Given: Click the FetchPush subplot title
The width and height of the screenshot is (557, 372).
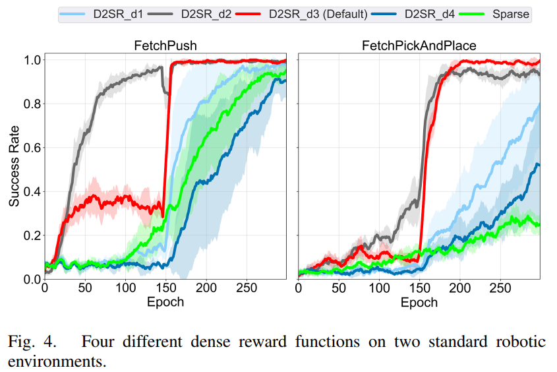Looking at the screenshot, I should click(165, 46).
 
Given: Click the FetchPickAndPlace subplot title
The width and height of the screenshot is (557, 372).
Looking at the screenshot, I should click(419, 46).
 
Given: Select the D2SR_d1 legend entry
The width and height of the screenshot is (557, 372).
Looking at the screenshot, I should click(112, 13).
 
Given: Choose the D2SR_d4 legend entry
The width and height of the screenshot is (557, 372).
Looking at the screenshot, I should click(435, 13).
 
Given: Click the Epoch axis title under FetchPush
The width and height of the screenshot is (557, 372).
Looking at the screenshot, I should click(165, 302).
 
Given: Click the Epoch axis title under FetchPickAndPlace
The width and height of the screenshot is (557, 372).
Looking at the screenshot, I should click(419, 302).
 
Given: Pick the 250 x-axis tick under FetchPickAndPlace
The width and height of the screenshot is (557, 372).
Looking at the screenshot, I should click(501, 288).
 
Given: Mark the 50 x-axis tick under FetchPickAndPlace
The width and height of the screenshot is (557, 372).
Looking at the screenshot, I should click(339, 288).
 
